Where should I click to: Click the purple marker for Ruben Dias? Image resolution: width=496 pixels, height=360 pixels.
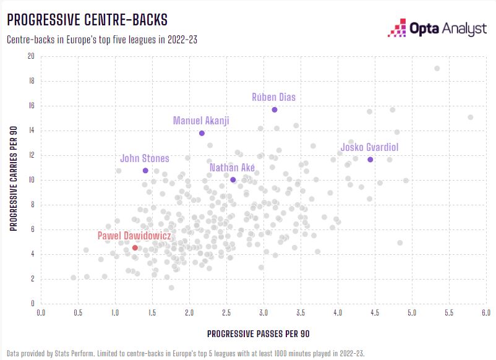click(275, 109)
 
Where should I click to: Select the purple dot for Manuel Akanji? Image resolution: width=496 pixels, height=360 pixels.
click(202, 133)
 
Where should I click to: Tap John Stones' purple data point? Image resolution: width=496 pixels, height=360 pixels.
click(145, 170)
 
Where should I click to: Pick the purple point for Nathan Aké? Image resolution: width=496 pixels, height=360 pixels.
click(233, 179)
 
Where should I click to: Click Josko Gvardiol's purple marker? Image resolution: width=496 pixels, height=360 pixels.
click(370, 160)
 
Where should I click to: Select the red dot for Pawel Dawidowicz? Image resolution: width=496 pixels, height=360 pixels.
click(135, 247)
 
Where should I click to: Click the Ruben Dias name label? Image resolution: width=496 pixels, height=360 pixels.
click(274, 97)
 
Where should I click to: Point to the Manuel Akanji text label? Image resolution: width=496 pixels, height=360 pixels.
click(201, 120)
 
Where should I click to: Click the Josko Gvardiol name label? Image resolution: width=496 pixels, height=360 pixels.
click(370, 147)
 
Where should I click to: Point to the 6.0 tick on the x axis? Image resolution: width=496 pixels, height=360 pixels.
click(485, 313)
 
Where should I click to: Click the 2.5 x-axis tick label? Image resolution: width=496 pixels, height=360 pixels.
click(226, 313)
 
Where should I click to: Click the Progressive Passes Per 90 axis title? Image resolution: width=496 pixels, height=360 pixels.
click(258, 334)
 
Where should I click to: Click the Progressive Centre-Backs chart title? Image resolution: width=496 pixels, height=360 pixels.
click(87, 20)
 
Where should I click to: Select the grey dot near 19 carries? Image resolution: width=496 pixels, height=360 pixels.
click(437, 68)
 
